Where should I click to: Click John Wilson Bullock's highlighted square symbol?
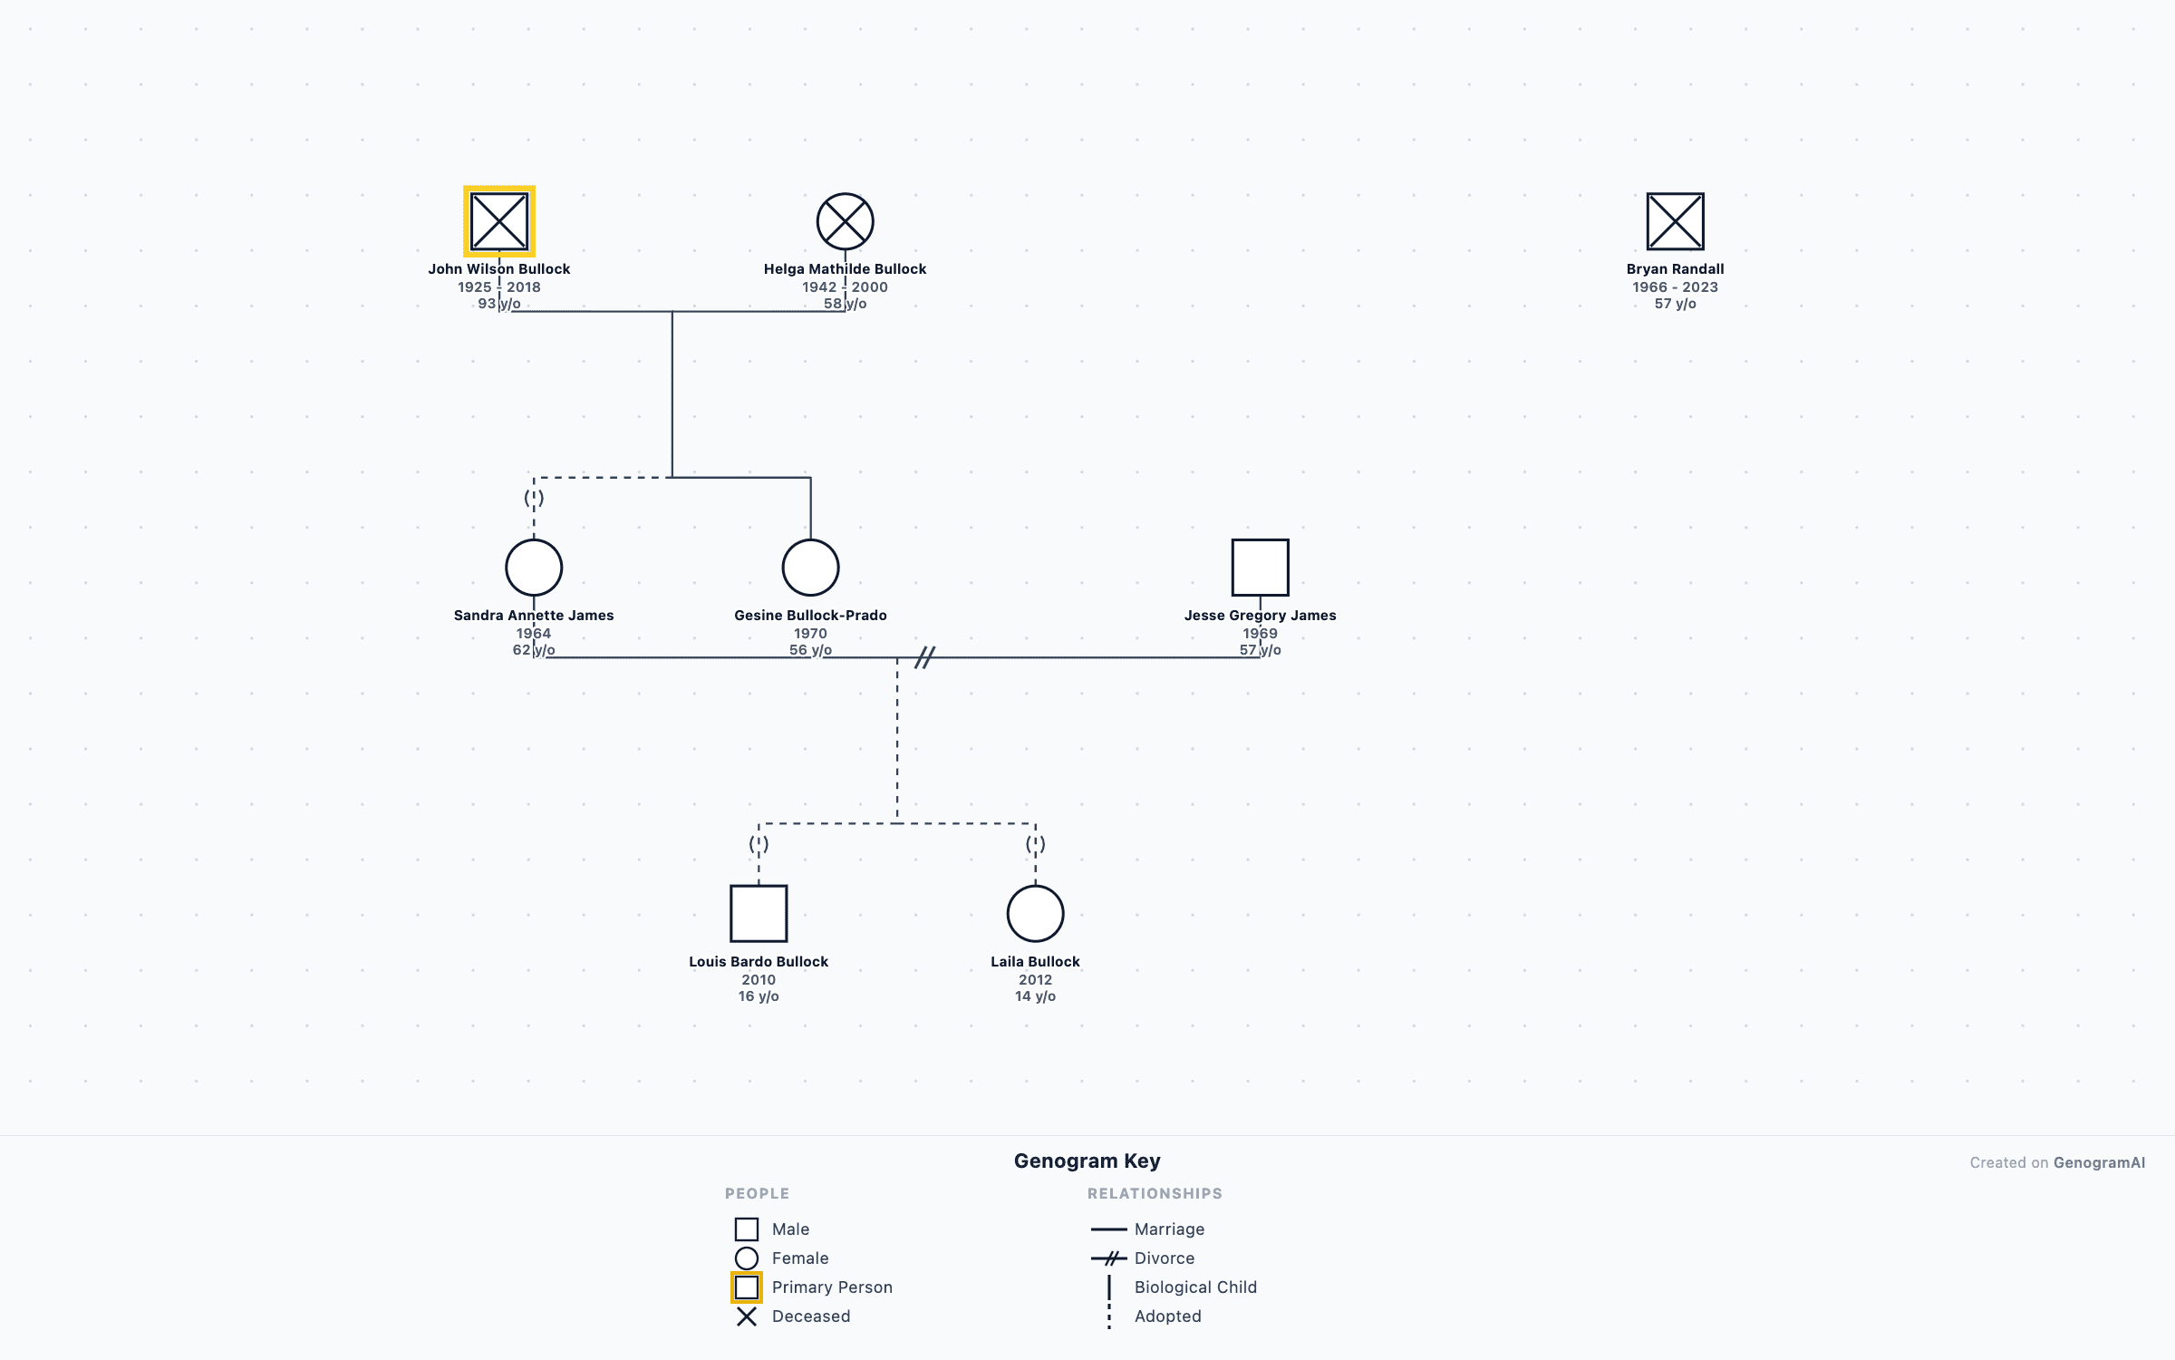pyautogui.click(x=499, y=221)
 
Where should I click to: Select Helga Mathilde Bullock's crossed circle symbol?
pyautogui.click(x=845, y=221)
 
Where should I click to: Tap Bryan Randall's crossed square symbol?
pyautogui.click(x=1675, y=221)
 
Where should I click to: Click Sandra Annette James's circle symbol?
pyautogui.click(x=534, y=568)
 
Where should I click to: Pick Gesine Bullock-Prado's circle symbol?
pyautogui.click(x=810, y=568)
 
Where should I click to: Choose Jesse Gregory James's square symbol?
pyautogui.click(x=1260, y=568)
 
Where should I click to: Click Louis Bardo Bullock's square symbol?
pyautogui.click(x=759, y=914)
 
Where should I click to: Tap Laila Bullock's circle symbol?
pyautogui.click(x=1035, y=914)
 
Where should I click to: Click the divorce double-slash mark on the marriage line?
pyautogui.click(x=924, y=657)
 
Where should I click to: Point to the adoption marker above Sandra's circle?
pyautogui.click(x=534, y=498)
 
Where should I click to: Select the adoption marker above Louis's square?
pyautogui.click(x=759, y=844)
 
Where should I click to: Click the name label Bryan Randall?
pyautogui.click(x=1675, y=269)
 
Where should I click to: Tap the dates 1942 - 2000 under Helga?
pyautogui.click(x=845, y=287)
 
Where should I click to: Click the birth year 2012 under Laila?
pyautogui.click(x=1035, y=980)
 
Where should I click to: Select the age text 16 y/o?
pyautogui.click(x=759, y=996)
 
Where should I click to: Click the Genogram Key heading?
pyautogui.click(x=1087, y=1161)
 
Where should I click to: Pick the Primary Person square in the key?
pyautogui.click(x=747, y=1287)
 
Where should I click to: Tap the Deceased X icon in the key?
pyautogui.click(x=747, y=1316)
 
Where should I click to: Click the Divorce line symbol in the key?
pyautogui.click(x=1109, y=1258)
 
